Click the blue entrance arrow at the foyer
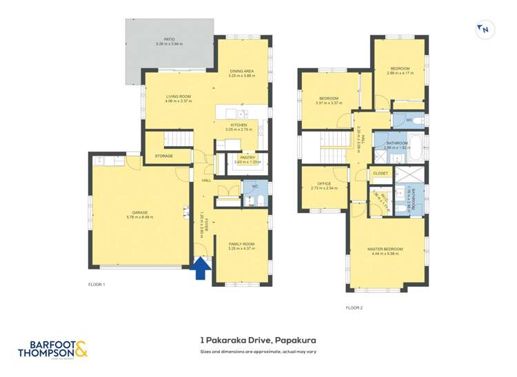click(201, 268)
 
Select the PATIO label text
click(169, 39)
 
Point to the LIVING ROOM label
click(178, 96)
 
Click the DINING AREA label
click(241, 71)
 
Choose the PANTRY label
click(247, 158)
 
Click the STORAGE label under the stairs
click(163, 156)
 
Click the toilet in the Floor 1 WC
click(251, 201)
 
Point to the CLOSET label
click(381, 173)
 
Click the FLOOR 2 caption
click(354, 308)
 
